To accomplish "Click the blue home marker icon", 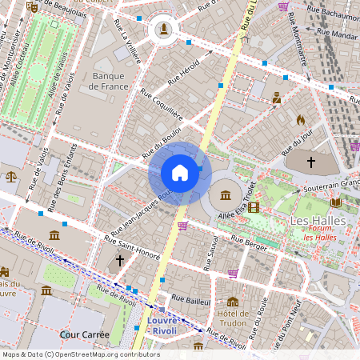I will click(x=179, y=172).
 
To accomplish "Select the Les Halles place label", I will click(x=317, y=220).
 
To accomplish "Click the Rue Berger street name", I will click(x=247, y=239).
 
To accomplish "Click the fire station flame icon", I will click(x=301, y=119).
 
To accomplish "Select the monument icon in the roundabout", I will click(x=164, y=30).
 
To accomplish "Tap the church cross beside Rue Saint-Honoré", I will click(x=120, y=261).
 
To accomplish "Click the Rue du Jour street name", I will click(x=296, y=142).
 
